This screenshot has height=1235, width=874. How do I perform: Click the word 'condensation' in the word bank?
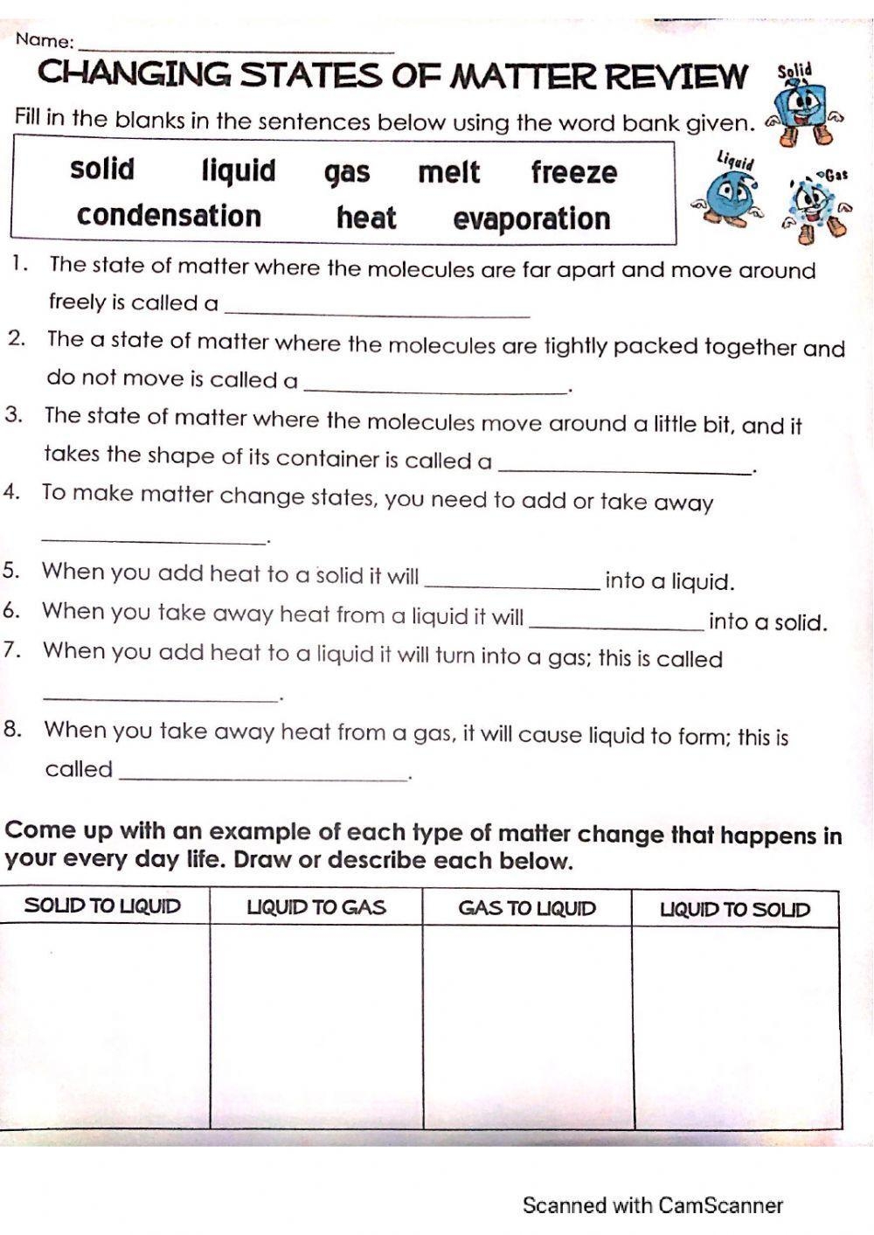tap(169, 216)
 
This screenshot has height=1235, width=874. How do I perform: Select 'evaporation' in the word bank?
tap(531, 219)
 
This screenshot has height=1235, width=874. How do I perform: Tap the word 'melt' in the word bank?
tap(448, 172)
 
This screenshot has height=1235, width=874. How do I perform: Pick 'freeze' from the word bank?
tap(573, 172)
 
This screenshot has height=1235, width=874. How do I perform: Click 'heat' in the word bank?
tap(366, 218)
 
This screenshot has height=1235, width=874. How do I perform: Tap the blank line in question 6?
tap(617, 626)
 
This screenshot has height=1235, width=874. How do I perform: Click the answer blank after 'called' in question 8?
tap(262, 776)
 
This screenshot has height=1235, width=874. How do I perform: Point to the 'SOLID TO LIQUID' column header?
tap(103, 906)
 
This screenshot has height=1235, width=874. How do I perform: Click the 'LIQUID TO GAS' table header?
tap(316, 907)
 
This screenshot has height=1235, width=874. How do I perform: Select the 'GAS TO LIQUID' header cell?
tap(527, 908)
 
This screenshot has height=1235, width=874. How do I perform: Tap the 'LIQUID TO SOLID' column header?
tap(735, 909)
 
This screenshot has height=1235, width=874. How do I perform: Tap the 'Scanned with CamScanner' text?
tap(652, 1205)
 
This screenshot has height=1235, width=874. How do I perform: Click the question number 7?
tap(11, 651)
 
